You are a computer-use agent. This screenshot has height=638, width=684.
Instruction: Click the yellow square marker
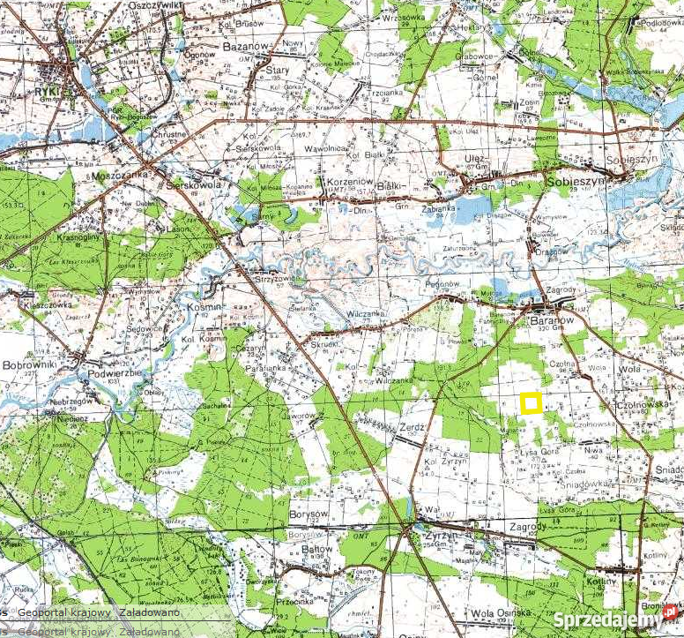[x=531, y=403]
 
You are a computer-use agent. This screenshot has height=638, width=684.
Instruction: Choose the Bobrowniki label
[x=29, y=364]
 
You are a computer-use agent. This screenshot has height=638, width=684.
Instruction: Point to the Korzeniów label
[x=331, y=181]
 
